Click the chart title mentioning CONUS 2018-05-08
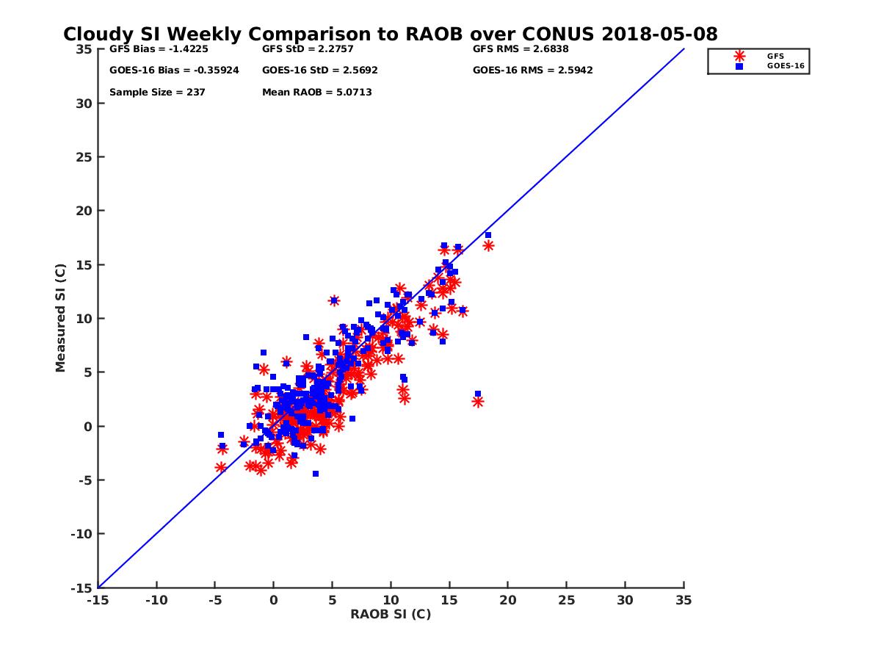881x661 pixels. pos(390,34)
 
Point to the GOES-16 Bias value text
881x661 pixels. pos(174,71)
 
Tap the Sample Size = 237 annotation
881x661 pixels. pos(157,93)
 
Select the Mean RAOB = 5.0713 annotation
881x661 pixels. pos(316,93)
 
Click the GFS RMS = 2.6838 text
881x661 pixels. pos(521,49)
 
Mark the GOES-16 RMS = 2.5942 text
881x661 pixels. pos(532,71)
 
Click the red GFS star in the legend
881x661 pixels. pos(739,56)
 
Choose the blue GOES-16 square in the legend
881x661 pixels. pos(739,66)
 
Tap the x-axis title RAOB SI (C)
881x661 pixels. pos(391,614)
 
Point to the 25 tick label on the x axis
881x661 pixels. pos(566,600)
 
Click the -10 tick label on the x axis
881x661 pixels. pos(156,600)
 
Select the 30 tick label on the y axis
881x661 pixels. pos(84,104)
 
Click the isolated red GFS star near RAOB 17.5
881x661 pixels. pos(478,402)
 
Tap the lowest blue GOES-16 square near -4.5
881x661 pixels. pos(316,474)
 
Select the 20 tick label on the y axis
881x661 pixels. pos(84,211)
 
